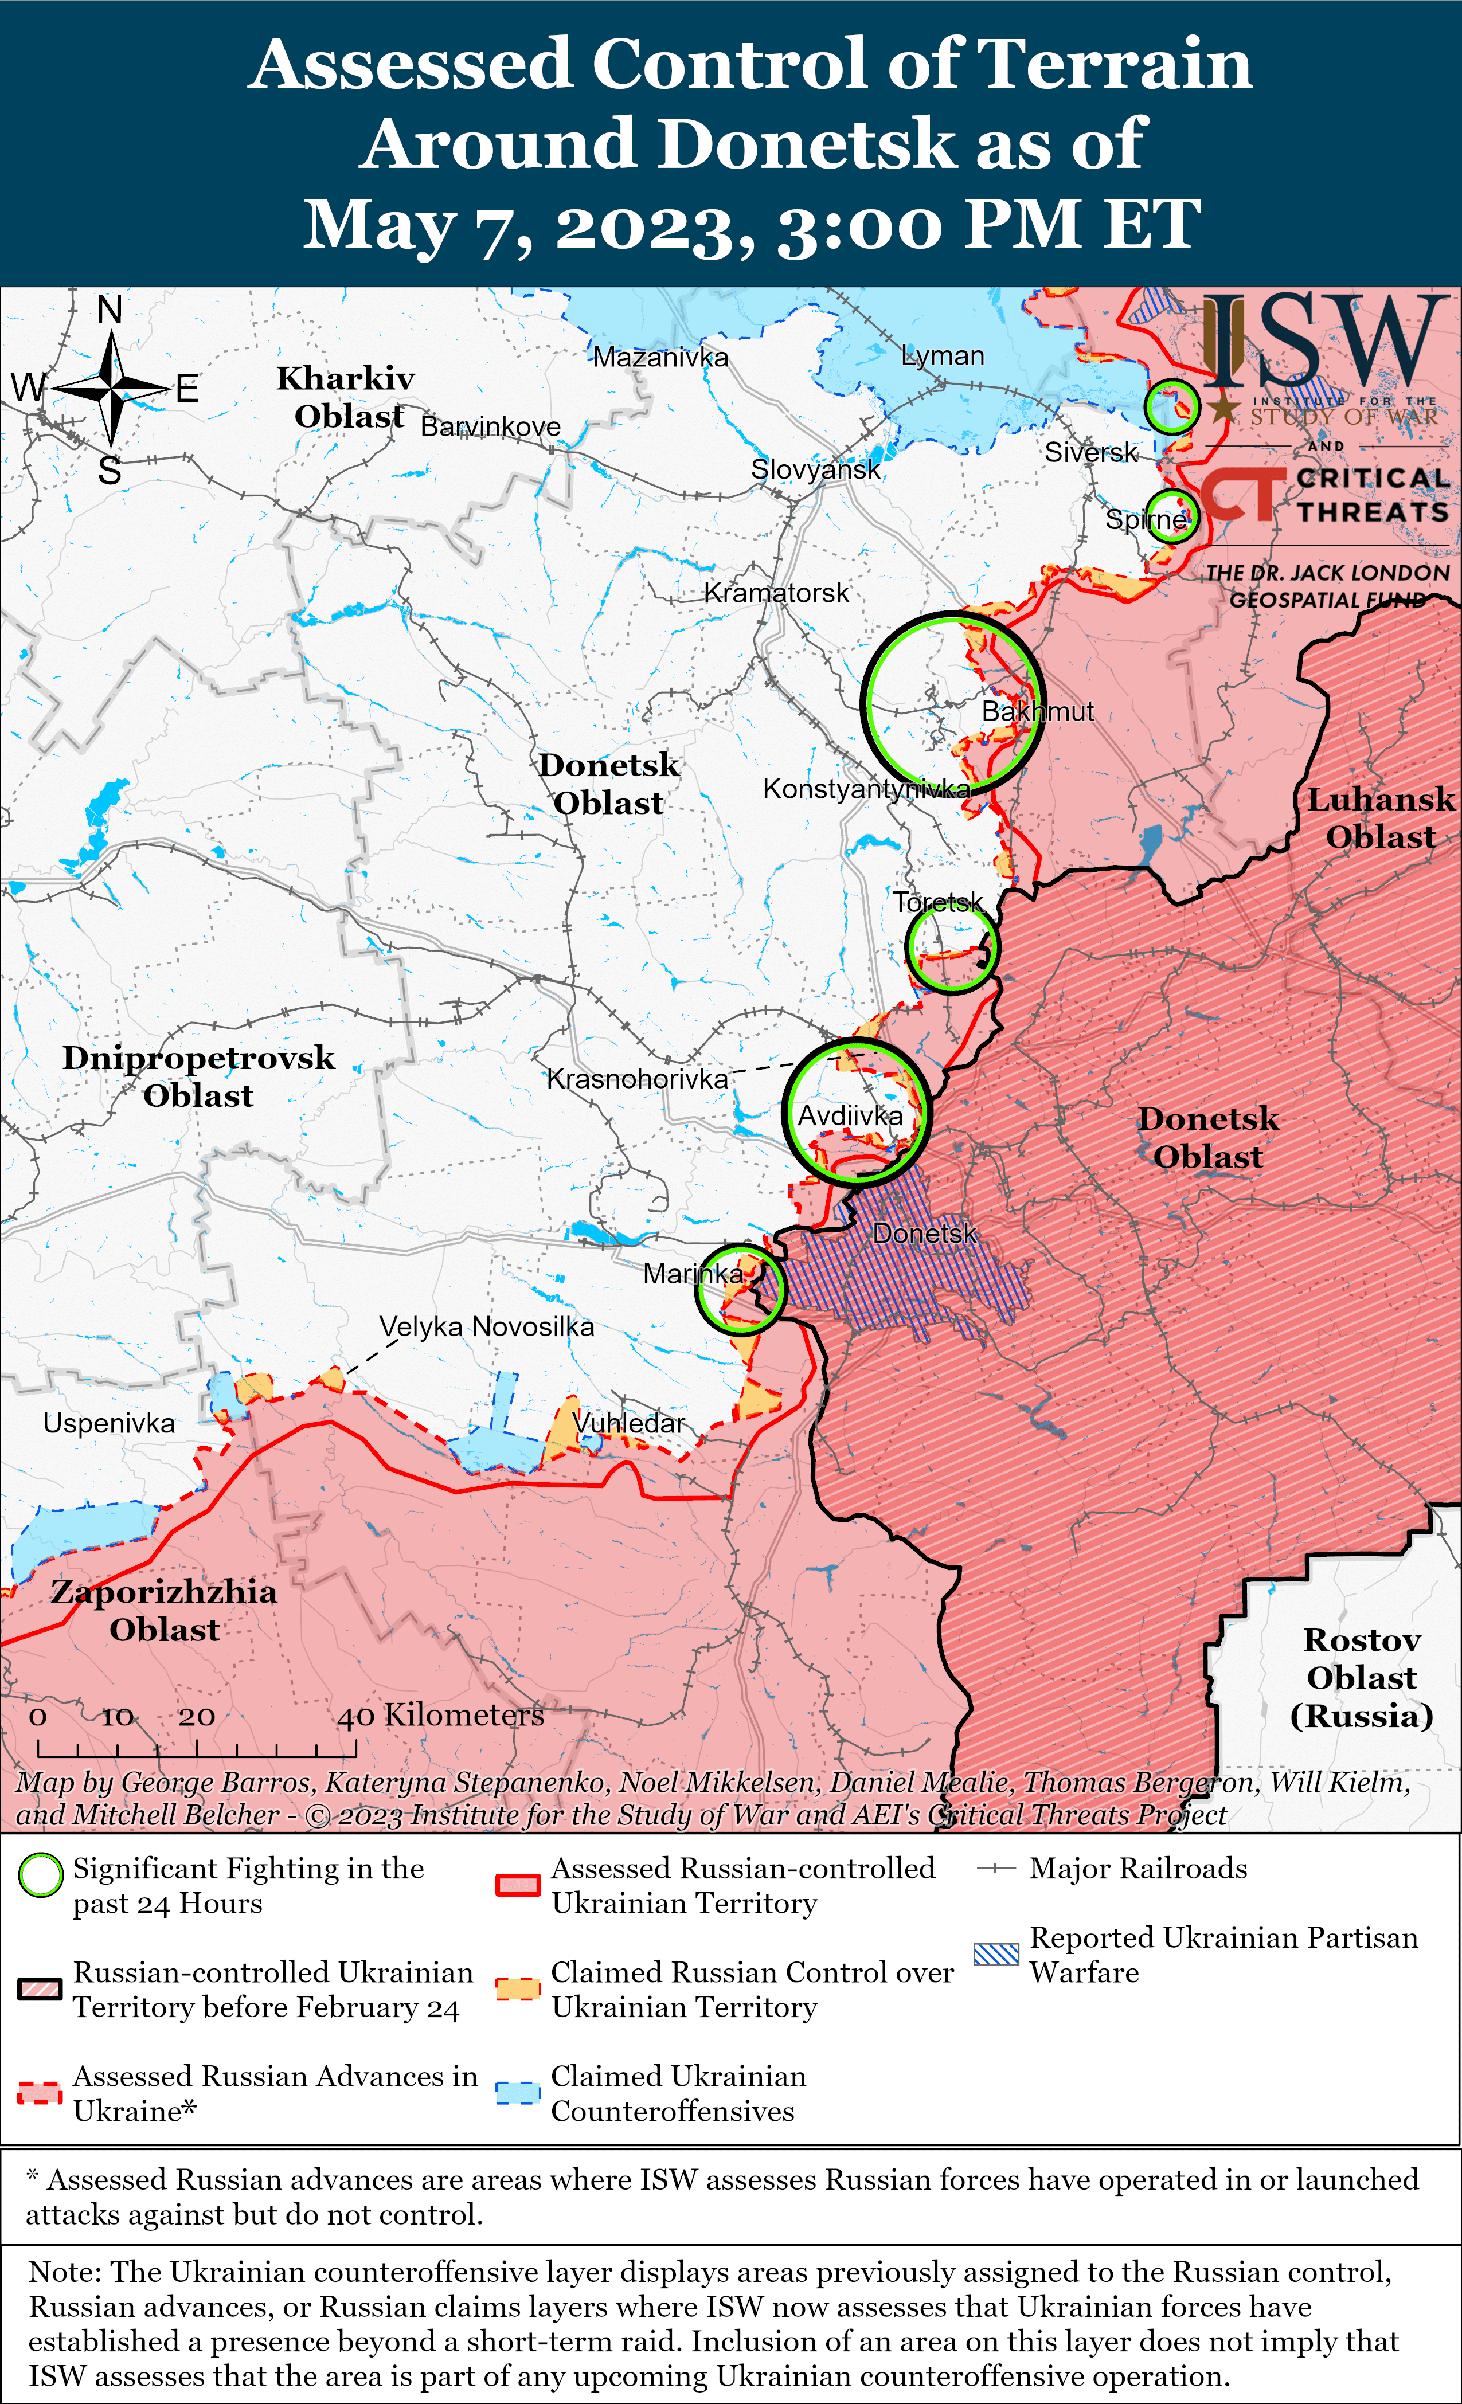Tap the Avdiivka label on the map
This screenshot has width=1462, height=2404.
(850, 1115)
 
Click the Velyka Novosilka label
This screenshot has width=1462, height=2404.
(486, 1327)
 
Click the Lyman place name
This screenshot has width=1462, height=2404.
(942, 356)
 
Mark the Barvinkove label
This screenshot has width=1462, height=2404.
(490, 426)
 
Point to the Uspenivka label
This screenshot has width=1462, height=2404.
(108, 1423)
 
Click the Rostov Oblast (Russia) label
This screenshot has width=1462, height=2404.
(1362, 1678)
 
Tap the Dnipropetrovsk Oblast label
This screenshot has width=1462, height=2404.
(198, 1076)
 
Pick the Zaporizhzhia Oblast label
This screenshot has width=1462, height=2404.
(164, 1611)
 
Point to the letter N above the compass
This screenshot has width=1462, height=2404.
(110, 310)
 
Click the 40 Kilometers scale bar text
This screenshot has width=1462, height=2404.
(440, 1715)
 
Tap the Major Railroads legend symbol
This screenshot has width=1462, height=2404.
(996, 1869)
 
